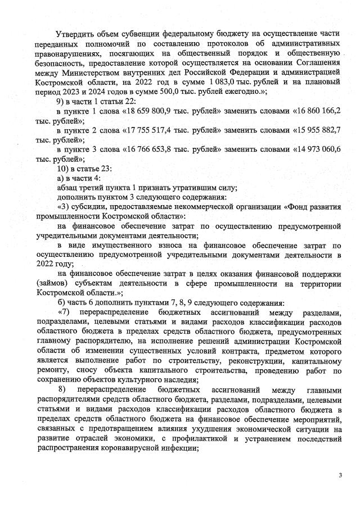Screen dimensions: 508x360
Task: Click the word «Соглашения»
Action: pyautogui.click(x=316, y=62)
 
